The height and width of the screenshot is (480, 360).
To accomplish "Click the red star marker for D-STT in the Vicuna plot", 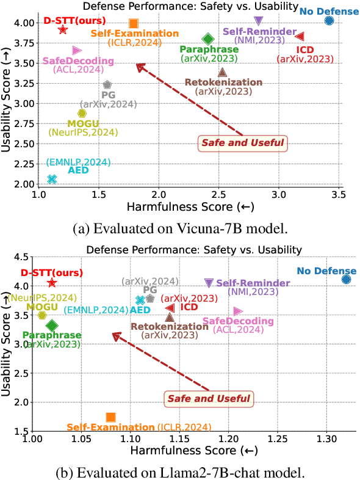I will (x=63, y=30).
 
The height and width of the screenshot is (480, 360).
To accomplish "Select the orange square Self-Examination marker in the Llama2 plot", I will (x=110, y=417).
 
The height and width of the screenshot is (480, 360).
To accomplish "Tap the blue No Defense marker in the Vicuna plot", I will (x=329, y=21).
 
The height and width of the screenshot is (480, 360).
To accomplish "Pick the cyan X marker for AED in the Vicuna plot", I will (x=52, y=179).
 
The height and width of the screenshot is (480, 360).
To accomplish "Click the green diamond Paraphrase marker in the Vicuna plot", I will (x=207, y=39).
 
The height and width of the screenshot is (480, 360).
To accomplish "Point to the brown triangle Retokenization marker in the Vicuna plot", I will (x=223, y=72).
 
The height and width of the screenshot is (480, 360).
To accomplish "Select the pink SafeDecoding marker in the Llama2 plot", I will (x=238, y=311).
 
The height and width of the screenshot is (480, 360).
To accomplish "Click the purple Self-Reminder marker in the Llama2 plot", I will (x=209, y=283).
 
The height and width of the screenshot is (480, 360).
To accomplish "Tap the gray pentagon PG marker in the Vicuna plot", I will (x=107, y=85).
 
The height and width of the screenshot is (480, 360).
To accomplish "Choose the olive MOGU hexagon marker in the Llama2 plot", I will (x=42, y=315).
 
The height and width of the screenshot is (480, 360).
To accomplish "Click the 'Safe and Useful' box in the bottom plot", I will (x=209, y=399).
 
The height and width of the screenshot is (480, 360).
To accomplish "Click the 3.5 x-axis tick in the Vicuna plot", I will (x=339, y=195).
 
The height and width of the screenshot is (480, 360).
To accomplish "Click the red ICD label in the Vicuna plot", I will (x=305, y=49).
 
